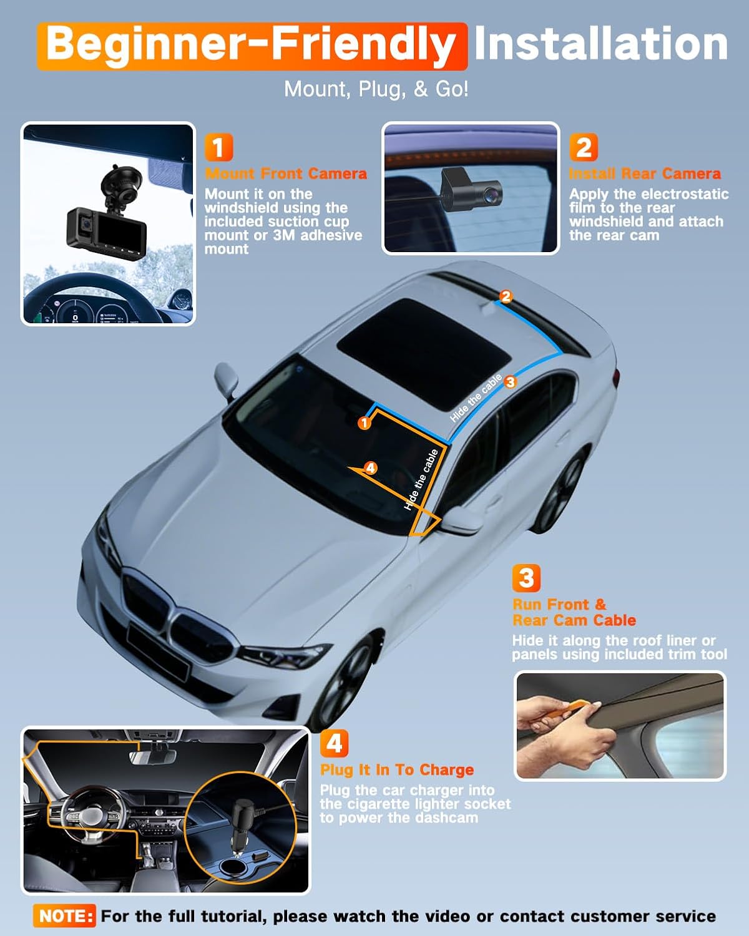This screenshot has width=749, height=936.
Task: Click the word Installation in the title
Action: tap(600, 44)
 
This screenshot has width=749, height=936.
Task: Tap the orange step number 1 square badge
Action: tap(218, 148)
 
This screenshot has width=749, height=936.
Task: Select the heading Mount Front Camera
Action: tap(286, 173)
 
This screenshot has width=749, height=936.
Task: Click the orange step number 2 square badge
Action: tap(583, 148)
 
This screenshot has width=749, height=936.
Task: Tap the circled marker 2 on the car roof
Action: tap(506, 296)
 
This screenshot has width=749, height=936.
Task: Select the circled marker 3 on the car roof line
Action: tap(511, 382)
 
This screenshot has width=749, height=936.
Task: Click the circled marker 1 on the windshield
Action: tap(365, 423)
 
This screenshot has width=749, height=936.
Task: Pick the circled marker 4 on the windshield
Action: tap(371, 467)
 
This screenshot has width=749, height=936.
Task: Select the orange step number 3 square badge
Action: tap(526, 578)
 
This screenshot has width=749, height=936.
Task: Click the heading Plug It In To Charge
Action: tap(397, 769)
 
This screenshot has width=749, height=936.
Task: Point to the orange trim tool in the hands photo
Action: tap(565, 711)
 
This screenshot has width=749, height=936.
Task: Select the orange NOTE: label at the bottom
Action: tap(65, 916)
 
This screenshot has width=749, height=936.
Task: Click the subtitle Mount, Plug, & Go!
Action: tap(376, 89)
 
